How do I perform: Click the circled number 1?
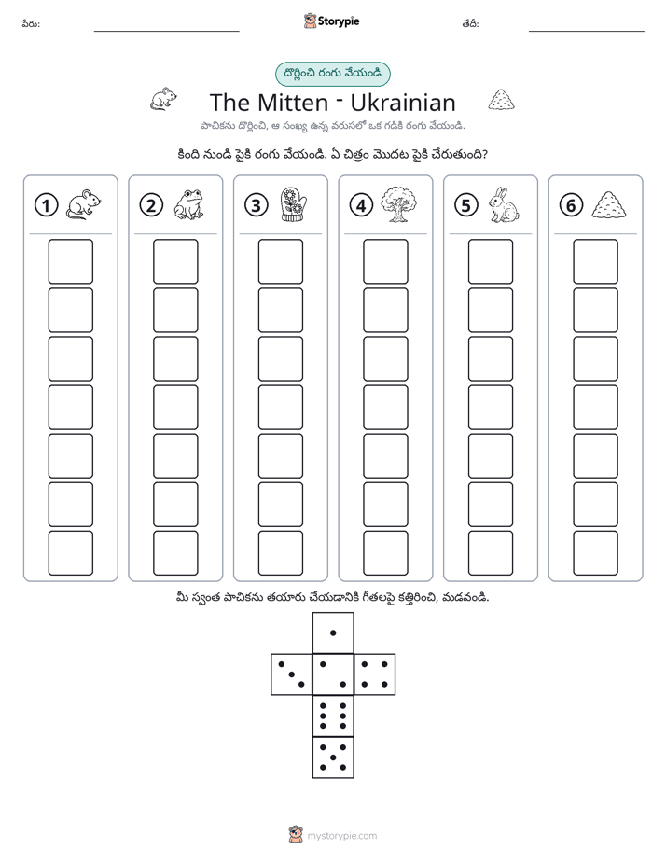[x=46, y=205]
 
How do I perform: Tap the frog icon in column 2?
[x=189, y=204]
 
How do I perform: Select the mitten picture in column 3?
[x=294, y=204]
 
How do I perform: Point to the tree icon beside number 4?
[x=398, y=204]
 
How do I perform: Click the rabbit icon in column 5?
[x=503, y=204]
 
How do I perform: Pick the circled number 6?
[x=571, y=205]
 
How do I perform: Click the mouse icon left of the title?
[x=164, y=99]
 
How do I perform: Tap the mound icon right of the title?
[x=501, y=100]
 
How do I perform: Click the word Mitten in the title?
[x=292, y=103]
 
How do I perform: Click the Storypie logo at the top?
[x=331, y=21]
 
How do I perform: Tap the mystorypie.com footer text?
[x=341, y=836]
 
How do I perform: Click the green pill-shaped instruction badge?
[x=332, y=75]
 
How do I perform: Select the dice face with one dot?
[x=333, y=633]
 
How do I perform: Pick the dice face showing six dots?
[x=333, y=716]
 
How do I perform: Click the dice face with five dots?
[x=333, y=758]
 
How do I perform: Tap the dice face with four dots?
[x=375, y=674]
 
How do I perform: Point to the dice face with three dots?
[x=292, y=674]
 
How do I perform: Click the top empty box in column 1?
[x=70, y=261]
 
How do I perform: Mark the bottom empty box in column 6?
[x=595, y=553]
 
